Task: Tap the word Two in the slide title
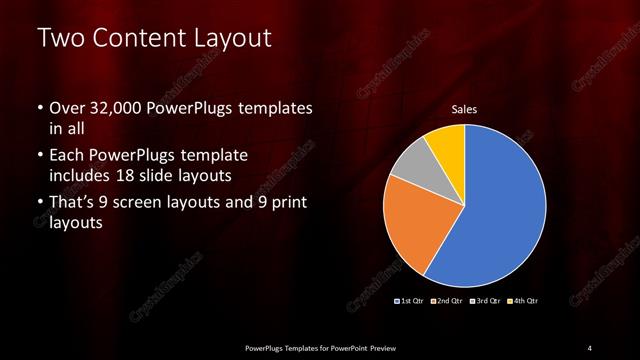click(58, 40)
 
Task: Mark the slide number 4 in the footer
click(590, 347)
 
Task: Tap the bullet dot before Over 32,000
click(40, 108)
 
